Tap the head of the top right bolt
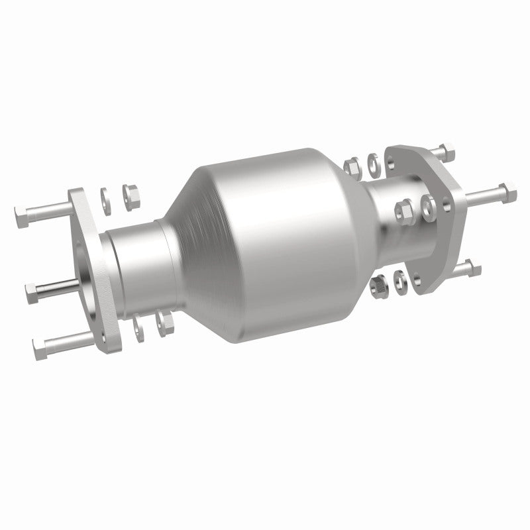pyautogui.click(x=447, y=151)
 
